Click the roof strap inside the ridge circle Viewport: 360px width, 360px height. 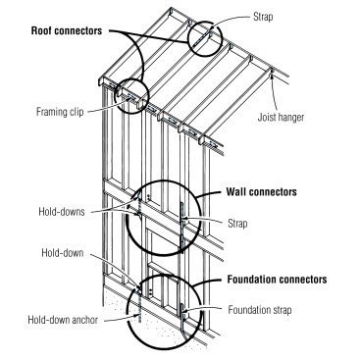point(203,36)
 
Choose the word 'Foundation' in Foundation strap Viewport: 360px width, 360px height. point(254,310)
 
